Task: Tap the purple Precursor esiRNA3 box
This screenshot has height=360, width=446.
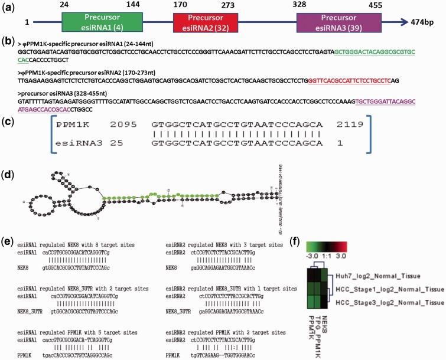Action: click(336, 23)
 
